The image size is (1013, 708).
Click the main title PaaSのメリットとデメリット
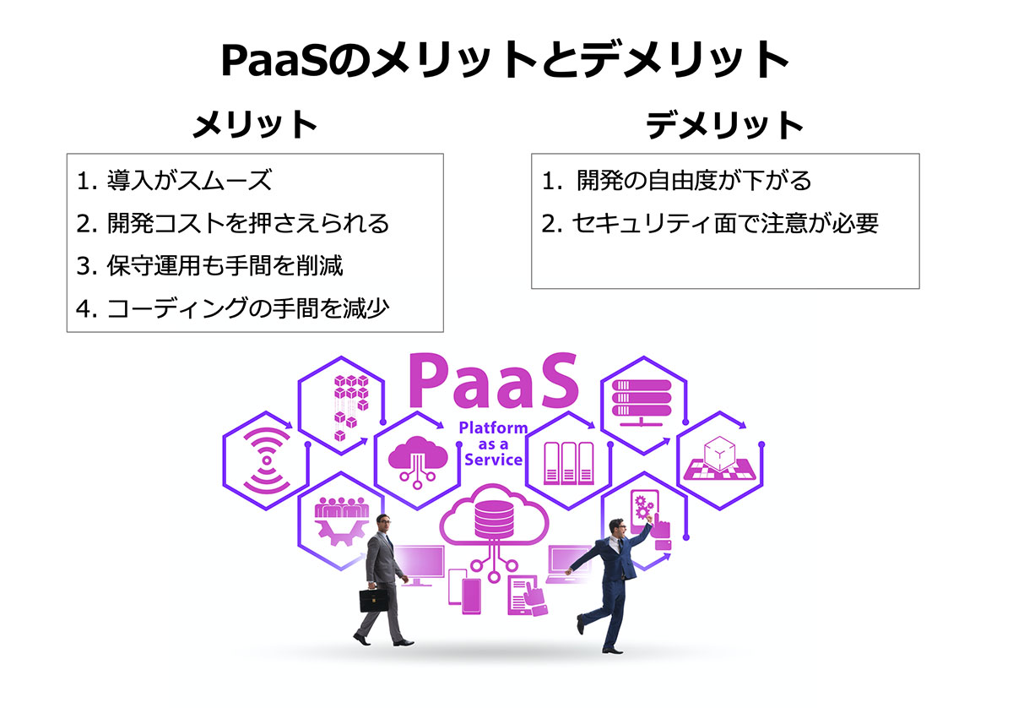[505, 60]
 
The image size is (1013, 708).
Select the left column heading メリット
[255, 124]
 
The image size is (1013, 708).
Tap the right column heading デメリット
[724, 125]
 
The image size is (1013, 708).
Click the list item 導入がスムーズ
[189, 180]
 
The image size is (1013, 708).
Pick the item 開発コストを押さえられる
[248, 223]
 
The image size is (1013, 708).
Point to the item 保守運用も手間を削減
[225, 265]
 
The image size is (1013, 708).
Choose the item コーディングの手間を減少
[248, 308]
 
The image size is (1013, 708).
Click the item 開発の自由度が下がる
[694, 180]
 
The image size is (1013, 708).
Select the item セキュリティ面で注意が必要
[725, 223]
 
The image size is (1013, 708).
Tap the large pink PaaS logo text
[493, 381]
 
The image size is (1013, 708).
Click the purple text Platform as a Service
[493, 444]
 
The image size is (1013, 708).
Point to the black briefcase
[373, 600]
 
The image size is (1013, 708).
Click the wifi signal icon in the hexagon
[267, 460]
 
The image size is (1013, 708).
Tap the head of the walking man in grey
[384, 524]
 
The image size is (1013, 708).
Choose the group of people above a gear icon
[341, 520]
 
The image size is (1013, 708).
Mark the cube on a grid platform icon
[719, 458]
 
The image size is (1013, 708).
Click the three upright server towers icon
[568, 463]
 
